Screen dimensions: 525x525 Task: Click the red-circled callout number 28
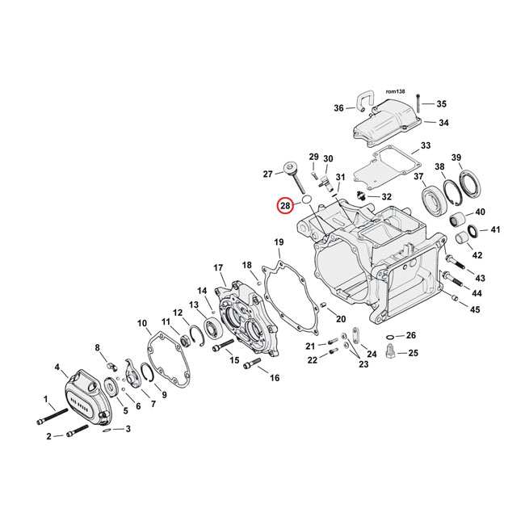click(285, 206)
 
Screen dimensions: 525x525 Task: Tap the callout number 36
click(339, 108)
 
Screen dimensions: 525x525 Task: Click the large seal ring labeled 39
click(468, 183)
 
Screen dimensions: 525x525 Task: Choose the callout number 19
click(279, 242)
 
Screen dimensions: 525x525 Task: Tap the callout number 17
click(218, 268)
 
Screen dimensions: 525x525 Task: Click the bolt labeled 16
click(251, 368)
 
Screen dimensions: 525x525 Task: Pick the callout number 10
click(143, 325)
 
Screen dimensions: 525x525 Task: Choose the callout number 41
click(496, 229)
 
